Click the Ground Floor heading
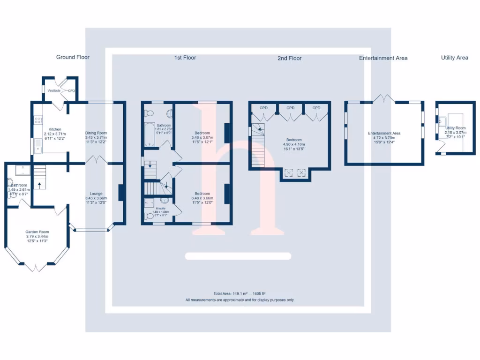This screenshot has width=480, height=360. [73, 57]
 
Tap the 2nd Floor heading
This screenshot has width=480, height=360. [289, 58]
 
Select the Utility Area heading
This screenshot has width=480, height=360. [454, 58]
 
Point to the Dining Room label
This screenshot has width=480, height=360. [96, 133]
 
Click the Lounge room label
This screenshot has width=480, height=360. [96, 194]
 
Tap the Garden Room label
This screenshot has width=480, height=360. [37, 232]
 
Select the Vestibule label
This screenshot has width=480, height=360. [54, 90]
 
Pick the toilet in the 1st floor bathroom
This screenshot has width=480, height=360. [149, 112]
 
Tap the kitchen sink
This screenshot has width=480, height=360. [37, 150]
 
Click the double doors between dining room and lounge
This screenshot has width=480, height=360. [97, 160]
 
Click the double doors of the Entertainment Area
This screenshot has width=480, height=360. [385, 98]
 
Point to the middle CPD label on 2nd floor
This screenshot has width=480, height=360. [291, 108]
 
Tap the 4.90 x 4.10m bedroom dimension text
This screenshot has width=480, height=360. [294, 144]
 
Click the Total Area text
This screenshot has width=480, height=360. [240, 294]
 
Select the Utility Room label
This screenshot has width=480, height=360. [455, 128]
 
